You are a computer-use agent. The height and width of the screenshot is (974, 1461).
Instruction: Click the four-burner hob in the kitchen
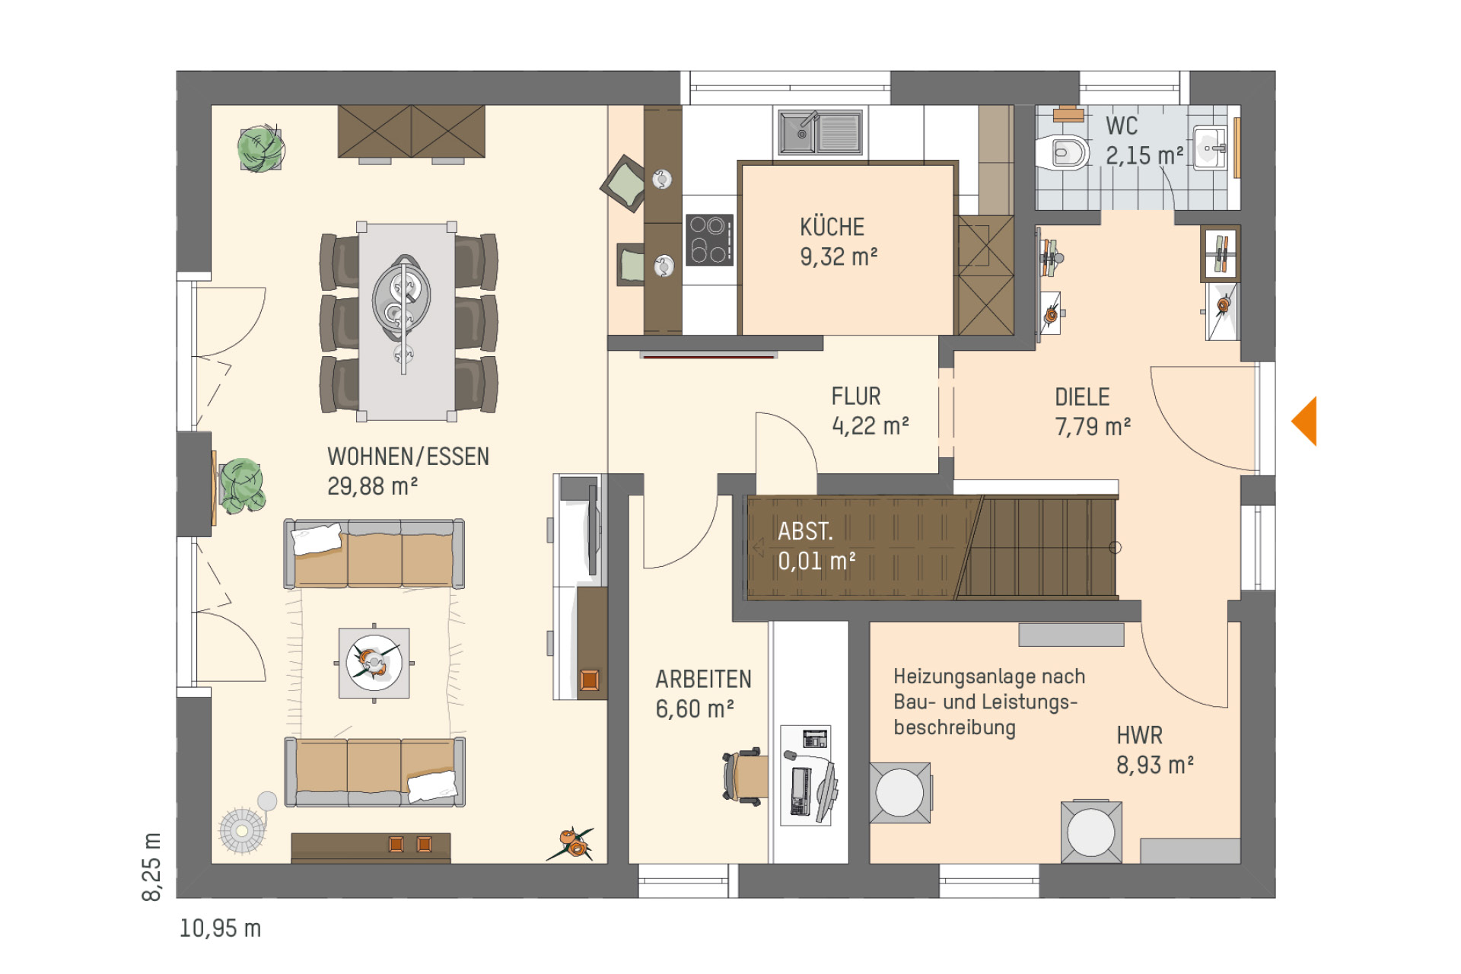tap(709, 240)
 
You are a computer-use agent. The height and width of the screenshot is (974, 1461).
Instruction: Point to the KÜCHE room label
tap(832, 227)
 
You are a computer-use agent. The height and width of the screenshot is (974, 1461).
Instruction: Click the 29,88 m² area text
tap(372, 486)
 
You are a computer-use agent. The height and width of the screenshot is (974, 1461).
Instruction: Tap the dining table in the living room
tap(406, 322)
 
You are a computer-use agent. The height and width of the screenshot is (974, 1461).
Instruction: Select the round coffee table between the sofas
tap(374, 662)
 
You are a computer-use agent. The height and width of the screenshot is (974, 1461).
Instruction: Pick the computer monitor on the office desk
tap(826, 791)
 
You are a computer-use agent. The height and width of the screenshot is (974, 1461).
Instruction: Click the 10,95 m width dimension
tap(220, 928)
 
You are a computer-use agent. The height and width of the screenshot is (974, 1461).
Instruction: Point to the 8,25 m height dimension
tap(152, 867)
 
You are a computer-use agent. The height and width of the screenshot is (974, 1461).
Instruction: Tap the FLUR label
tap(856, 396)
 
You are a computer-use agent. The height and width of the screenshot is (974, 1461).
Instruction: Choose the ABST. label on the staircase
tap(805, 531)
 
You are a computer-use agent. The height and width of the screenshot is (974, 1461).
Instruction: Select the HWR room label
tap(1139, 736)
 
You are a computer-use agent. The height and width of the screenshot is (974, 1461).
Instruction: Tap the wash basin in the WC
tap(1210, 148)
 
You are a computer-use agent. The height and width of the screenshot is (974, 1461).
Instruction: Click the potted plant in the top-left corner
tap(260, 148)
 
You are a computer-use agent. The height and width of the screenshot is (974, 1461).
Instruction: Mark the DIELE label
tap(1082, 397)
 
